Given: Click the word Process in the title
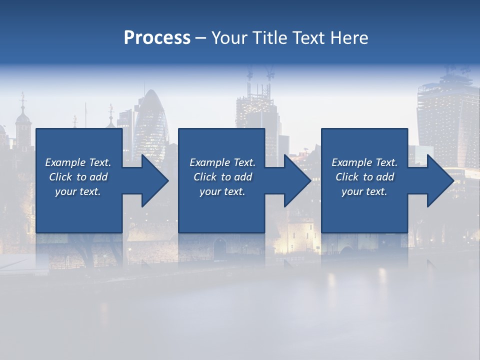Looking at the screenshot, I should point(157,38).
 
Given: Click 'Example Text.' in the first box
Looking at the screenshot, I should point(78,162).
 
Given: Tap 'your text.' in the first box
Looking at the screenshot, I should point(78,191).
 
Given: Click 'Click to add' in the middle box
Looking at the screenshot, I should point(222,177).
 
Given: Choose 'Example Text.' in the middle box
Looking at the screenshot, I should point(222,162).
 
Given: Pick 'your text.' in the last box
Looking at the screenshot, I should point(364,191).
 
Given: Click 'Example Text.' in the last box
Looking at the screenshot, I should point(364,162).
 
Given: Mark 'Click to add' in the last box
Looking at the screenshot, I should point(364,177).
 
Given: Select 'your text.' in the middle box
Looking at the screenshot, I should point(222,191).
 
